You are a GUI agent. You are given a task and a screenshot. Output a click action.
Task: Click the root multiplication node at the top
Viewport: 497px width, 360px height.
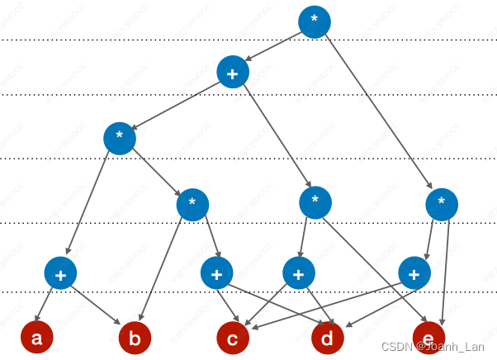[x=314, y=21]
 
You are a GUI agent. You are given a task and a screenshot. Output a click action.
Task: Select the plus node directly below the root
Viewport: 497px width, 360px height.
[x=233, y=73]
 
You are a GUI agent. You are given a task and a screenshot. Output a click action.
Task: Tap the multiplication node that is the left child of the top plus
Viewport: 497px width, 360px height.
[x=120, y=137]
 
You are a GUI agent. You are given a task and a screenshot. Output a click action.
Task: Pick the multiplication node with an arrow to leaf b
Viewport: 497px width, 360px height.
[x=192, y=202]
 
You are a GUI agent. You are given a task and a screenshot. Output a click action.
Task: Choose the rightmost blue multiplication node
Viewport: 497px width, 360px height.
[x=442, y=203]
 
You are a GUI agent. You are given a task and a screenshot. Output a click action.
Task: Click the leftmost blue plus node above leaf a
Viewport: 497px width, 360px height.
[x=60, y=272]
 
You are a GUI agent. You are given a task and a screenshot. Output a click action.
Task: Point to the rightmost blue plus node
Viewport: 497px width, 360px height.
[x=414, y=272]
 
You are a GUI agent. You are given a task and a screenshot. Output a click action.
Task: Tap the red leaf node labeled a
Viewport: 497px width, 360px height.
[x=36, y=338]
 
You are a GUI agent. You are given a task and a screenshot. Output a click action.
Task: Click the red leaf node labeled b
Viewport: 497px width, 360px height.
[x=135, y=338]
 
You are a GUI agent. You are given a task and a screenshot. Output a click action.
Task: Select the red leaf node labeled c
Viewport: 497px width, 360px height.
[x=233, y=338]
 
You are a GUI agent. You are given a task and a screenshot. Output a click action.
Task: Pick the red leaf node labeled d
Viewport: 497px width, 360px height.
[x=328, y=338]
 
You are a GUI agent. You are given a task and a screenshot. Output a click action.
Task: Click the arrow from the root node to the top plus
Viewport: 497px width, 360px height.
[x=273, y=47]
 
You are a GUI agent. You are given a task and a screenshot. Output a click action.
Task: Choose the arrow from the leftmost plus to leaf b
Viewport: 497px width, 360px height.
[x=96, y=304]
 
